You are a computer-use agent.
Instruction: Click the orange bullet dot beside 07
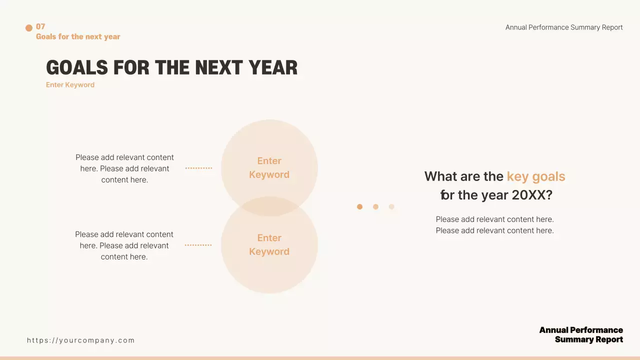pyautogui.click(x=29, y=27)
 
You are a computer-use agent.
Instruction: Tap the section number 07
pyautogui.click(x=40, y=26)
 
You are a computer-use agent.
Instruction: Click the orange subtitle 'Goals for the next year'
pyautogui.click(x=78, y=36)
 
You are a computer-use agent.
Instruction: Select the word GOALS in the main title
pyautogui.click(x=77, y=67)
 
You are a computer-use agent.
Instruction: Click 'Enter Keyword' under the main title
pyautogui.click(x=70, y=85)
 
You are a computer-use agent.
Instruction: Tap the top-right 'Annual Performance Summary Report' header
pyautogui.click(x=564, y=27)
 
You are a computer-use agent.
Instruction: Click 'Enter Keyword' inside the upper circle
pyautogui.click(x=269, y=167)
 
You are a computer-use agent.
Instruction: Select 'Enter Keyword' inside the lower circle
pyautogui.click(x=269, y=245)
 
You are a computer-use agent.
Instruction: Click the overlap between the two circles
pyautogui.click(x=269, y=206)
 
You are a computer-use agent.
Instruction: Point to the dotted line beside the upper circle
pyautogui.click(x=198, y=168)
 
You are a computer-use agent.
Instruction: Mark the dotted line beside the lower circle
pyautogui.click(x=198, y=245)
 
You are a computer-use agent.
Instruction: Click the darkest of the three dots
pyautogui.click(x=359, y=206)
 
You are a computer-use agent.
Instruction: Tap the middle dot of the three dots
pyautogui.click(x=375, y=206)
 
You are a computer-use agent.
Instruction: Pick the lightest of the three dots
pyautogui.click(x=391, y=206)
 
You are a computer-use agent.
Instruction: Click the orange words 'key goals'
pyautogui.click(x=536, y=176)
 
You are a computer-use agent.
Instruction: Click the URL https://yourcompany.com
pyautogui.click(x=81, y=340)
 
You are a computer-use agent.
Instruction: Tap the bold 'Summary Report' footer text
pyautogui.click(x=589, y=339)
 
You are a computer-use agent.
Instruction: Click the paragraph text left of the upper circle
pyautogui.click(x=124, y=168)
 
